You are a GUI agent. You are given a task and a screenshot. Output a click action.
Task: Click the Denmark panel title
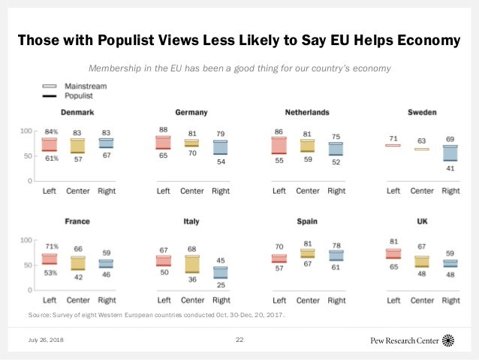[x=78, y=112]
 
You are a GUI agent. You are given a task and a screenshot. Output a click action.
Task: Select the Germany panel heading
[x=191, y=112]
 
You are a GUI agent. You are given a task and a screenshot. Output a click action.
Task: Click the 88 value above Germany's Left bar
[x=163, y=129]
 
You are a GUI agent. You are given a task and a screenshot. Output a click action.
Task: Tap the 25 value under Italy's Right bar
[x=221, y=285]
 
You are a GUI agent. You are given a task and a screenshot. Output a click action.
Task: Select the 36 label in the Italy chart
[x=192, y=280]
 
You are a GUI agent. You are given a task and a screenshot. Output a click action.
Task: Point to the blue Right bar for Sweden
[x=450, y=153]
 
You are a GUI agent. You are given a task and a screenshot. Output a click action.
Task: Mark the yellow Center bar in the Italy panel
[x=192, y=263]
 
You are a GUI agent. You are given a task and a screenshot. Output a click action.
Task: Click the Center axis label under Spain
[x=308, y=300]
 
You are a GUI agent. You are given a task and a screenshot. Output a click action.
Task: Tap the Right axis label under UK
[x=451, y=300]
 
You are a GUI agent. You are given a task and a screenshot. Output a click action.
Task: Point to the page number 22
[x=239, y=340]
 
